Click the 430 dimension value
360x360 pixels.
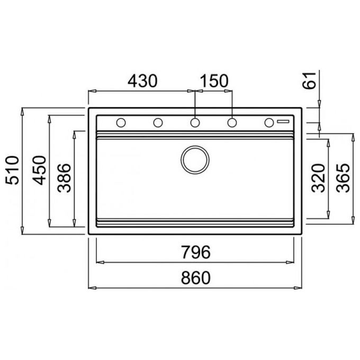coord(142,81)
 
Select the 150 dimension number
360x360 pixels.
coord(214,81)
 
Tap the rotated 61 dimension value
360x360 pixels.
coord(309,80)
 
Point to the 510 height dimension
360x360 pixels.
coord(12,170)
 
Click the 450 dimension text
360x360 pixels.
coord(39,170)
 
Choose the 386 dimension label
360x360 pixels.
coord(64,178)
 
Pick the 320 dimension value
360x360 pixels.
coord(318,178)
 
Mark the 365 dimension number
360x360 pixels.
coord(343,178)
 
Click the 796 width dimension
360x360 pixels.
coord(195,252)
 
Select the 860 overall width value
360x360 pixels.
coord(195,278)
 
